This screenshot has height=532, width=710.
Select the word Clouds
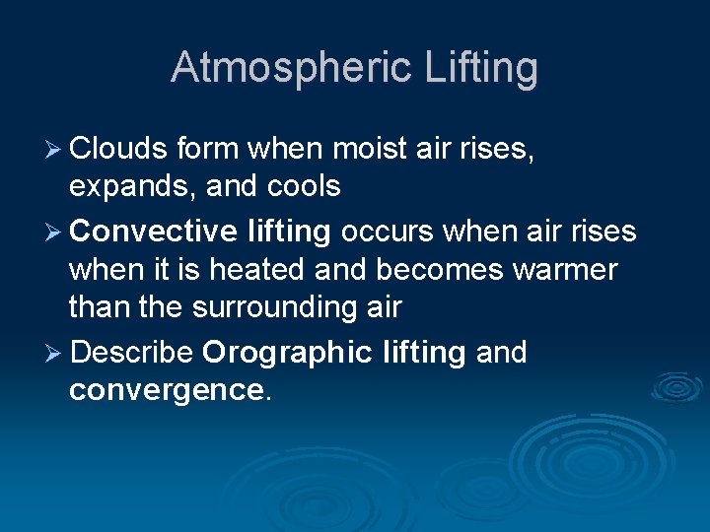click(x=119, y=150)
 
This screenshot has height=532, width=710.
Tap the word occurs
click(x=388, y=232)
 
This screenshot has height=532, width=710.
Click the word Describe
click(x=131, y=352)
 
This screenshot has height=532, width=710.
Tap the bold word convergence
click(x=165, y=390)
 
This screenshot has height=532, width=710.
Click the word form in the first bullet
click(x=208, y=150)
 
